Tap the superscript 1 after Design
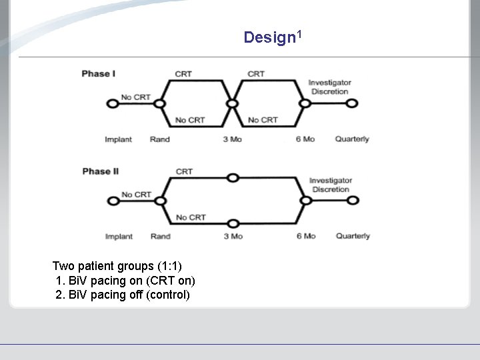pyautogui.click(x=299, y=33)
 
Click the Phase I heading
pyautogui.click(x=99, y=73)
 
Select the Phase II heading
pyautogui.click(x=101, y=171)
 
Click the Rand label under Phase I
pyautogui.click(x=160, y=139)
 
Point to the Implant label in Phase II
pyautogui.click(x=119, y=236)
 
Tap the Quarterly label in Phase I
pyautogui.click(x=352, y=139)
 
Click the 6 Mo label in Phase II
pyautogui.click(x=305, y=236)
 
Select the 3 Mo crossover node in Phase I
pyautogui.click(x=232, y=103)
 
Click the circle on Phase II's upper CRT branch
pyautogui.click(x=232, y=177)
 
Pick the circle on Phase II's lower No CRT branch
pyautogui.click(x=232, y=223)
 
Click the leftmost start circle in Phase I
pyautogui.click(x=112, y=103)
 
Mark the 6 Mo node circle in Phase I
pyautogui.click(x=305, y=103)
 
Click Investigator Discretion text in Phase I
pyautogui.click(x=329, y=87)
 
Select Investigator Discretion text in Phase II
pyautogui.click(x=330, y=185)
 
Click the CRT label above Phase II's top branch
pyautogui.click(x=184, y=171)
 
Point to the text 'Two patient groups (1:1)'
pyautogui.click(x=117, y=266)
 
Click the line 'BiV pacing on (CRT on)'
pyautogui.click(x=125, y=281)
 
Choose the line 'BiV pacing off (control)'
pyautogui.click(x=123, y=295)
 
